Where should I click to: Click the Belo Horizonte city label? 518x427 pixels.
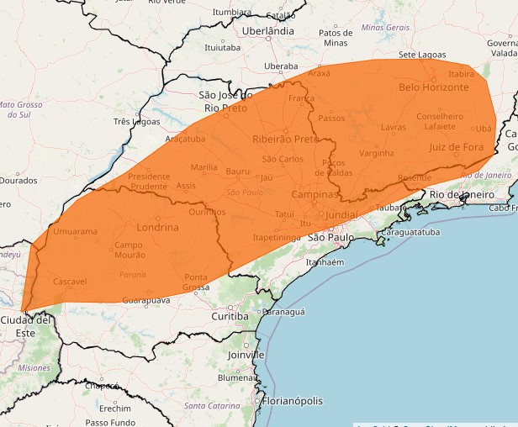pos(433,87)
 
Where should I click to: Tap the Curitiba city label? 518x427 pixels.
pos(230,316)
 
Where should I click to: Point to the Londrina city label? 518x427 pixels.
pos(157,227)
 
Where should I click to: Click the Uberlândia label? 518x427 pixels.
pos(267,30)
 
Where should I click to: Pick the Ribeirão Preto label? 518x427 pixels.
pos(285,139)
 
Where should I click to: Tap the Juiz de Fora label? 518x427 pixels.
pos(456,147)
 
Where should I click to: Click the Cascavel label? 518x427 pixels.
pos(69,282)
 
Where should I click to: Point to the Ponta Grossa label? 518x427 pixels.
pos(196,282)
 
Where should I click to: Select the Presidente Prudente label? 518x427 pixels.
pos(148,181)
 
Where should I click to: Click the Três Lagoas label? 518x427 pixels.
pos(136,121)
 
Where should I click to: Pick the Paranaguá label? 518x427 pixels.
pos(283,311)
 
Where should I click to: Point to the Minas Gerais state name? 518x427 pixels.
pos(385,28)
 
